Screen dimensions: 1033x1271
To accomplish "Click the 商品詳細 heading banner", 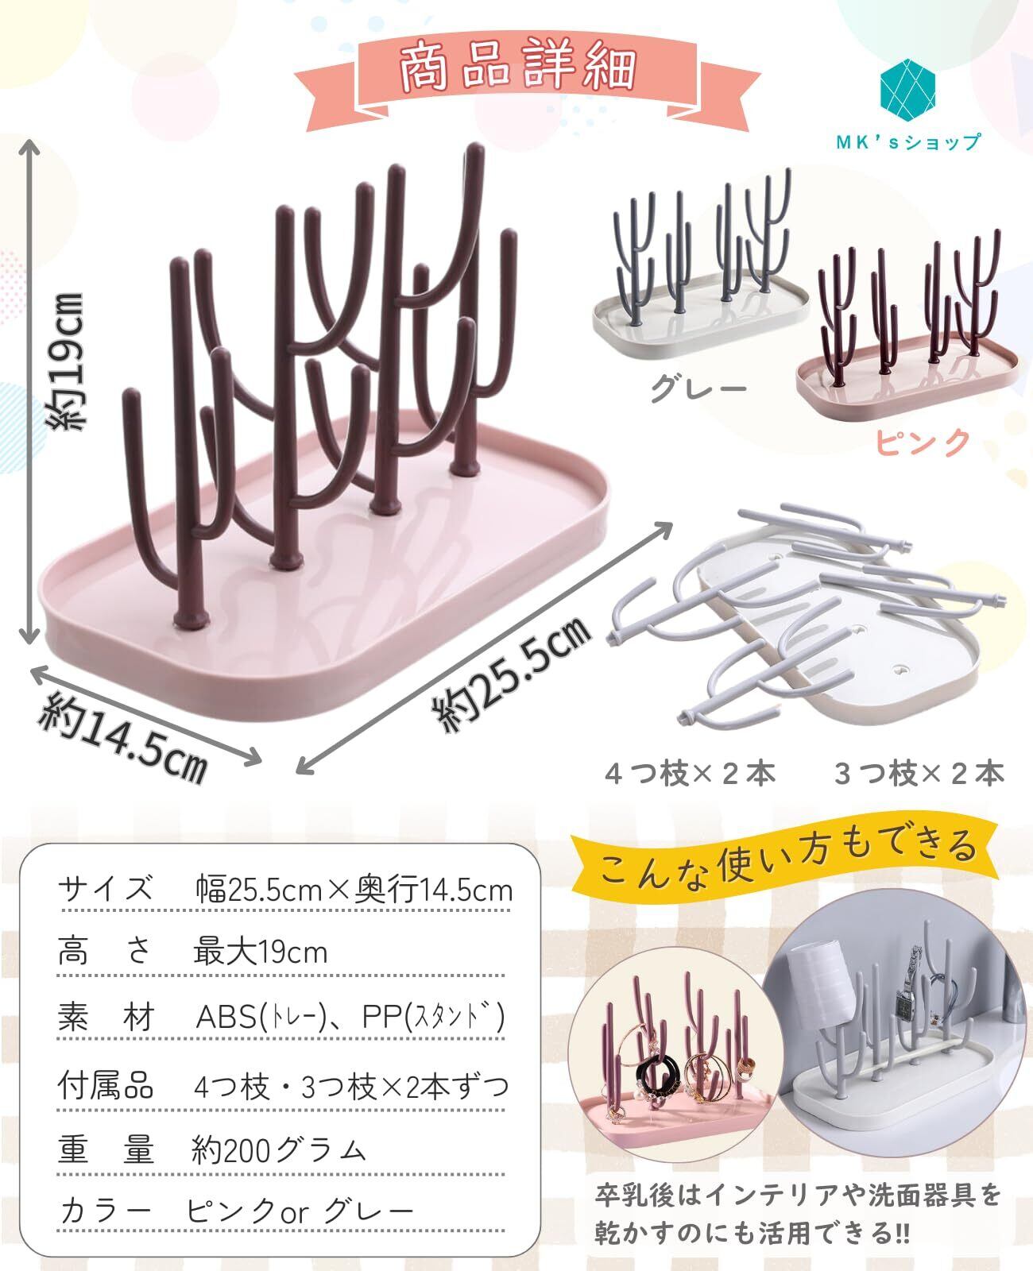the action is click(516, 69).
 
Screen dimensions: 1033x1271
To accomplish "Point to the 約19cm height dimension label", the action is click(67, 361).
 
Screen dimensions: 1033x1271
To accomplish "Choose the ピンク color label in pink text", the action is click(924, 442).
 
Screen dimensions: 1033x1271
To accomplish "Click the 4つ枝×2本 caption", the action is click(690, 772).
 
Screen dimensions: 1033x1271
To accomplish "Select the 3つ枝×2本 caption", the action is click(919, 772).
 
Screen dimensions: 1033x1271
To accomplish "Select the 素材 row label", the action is click(106, 1018).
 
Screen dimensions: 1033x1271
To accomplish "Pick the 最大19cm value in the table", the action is click(261, 951).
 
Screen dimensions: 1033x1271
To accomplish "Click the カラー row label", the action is click(106, 1211).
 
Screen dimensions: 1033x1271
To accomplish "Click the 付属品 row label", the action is click(106, 1084).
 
